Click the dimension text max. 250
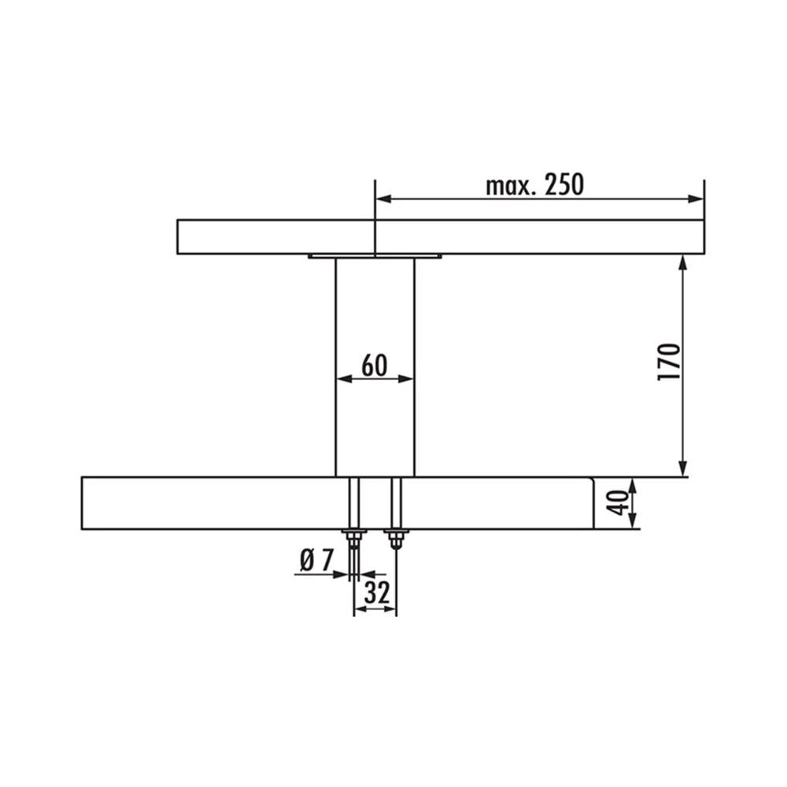[x=534, y=185]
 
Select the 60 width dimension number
[x=375, y=365]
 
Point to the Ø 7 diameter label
[x=317, y=560]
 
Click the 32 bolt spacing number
[x=376, y=593]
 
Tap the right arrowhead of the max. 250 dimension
[x=696, y=199]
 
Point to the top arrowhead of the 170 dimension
[x=682, y=263]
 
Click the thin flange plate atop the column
[x=375, y=256]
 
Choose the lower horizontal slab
[x=236, y=503]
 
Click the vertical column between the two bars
[x=375, y=425]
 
